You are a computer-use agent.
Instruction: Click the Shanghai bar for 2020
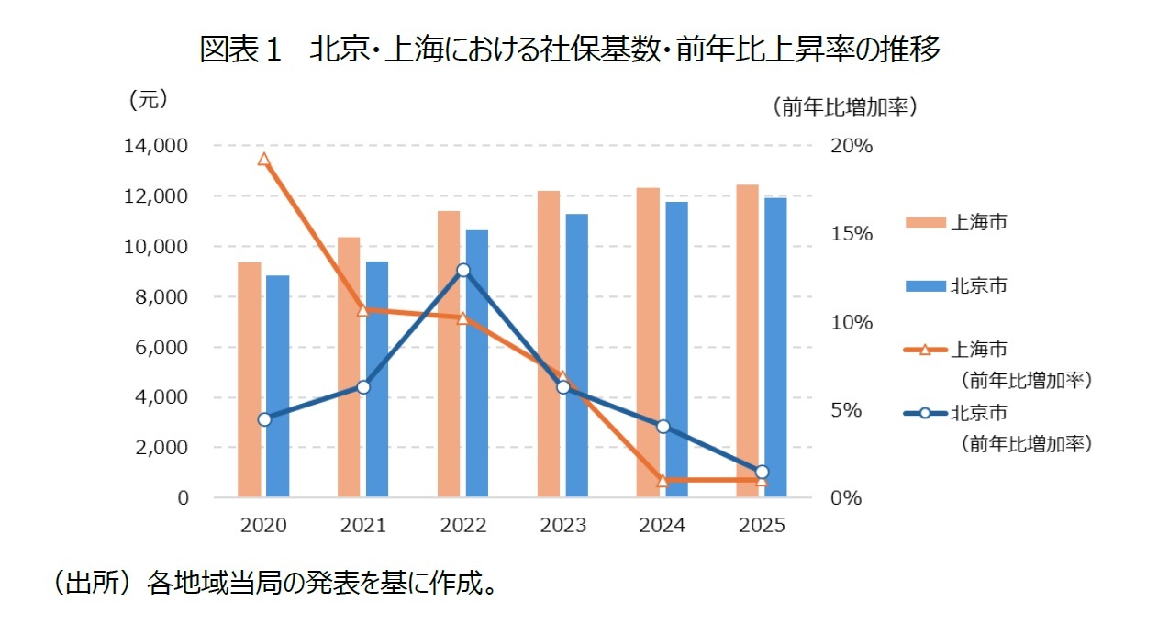(x=250, y=380)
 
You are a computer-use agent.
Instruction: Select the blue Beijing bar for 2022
(x=477, y=363)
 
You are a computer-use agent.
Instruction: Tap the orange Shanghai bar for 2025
(x=747, y=341)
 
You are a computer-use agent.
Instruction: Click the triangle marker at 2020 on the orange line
(x=264, y=160)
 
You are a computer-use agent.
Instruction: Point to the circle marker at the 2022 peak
(x=463, y=271)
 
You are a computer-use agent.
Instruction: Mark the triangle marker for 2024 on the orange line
(x=663, y=480)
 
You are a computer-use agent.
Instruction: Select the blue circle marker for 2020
(x=264, y=419)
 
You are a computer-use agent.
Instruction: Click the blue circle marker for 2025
(x=762, y=472)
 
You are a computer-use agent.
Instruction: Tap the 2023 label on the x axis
(x=562, y=526)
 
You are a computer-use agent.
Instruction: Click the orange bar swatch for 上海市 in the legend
(x=925, y=222)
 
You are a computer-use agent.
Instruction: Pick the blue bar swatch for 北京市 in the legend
(x=925, y=285)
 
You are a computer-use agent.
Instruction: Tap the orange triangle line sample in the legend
(x=925, y=350)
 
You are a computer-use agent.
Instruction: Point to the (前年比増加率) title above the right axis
(x=844, y=106)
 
